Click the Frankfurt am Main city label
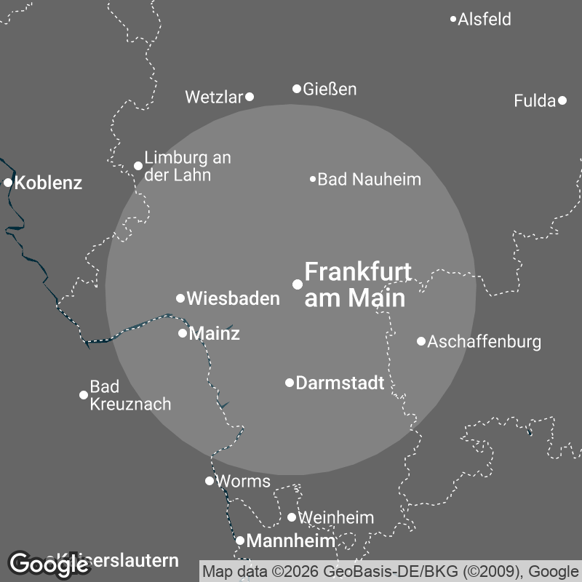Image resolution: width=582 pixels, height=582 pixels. click(357, 284)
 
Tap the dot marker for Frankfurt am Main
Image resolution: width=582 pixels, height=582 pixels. click(298, 284)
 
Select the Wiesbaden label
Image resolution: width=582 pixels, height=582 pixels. click(233, 298)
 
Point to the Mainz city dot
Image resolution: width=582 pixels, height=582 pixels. click(183, 333)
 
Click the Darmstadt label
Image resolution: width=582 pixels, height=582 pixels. click(340, 383)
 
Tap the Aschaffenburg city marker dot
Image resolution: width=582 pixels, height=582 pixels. click(421, 341)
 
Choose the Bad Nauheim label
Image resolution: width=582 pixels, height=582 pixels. click(370, 179)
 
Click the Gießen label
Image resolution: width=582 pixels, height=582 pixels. click(330, 89)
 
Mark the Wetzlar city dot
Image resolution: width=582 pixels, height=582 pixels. click(250, 96)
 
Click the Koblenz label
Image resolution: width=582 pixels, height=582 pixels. click(48, 183)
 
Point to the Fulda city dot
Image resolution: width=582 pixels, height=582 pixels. click(562, 100)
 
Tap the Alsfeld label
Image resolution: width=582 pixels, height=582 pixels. click(485, 19)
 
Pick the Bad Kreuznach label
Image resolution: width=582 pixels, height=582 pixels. click(130, 395)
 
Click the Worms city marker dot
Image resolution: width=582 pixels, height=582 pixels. click(210, 480)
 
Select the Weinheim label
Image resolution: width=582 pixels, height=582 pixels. click(336, 518)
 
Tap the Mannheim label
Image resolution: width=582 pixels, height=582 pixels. click(291, 541)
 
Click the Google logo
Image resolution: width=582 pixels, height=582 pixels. click(49, 563)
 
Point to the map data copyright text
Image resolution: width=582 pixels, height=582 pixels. click(391, 570)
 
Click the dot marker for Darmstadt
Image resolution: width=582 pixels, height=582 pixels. click(290, 383)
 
